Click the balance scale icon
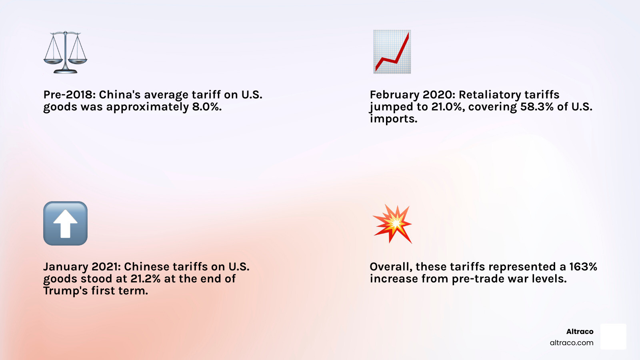pos(65,52)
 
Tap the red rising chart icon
pos(392,52)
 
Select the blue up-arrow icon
pos(65,223)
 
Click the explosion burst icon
pos(392,224)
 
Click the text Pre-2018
pos(68,95)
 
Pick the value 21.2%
pos(145,279)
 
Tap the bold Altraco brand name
pos(580,332)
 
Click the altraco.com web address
pos(571,343)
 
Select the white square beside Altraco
pos(613,336)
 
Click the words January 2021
pos(81,267)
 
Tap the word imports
pos(393,119)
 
